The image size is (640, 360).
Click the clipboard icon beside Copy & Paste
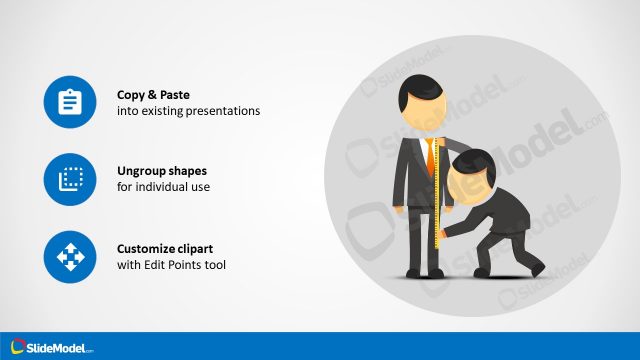(x=70, y=102)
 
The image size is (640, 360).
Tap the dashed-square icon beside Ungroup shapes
(x=70, y=180)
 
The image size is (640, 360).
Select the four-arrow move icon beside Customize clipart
(x=70, y=258)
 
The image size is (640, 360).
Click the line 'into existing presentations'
(x=188, y=111)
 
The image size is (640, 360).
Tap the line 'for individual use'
(x=164, y=188)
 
